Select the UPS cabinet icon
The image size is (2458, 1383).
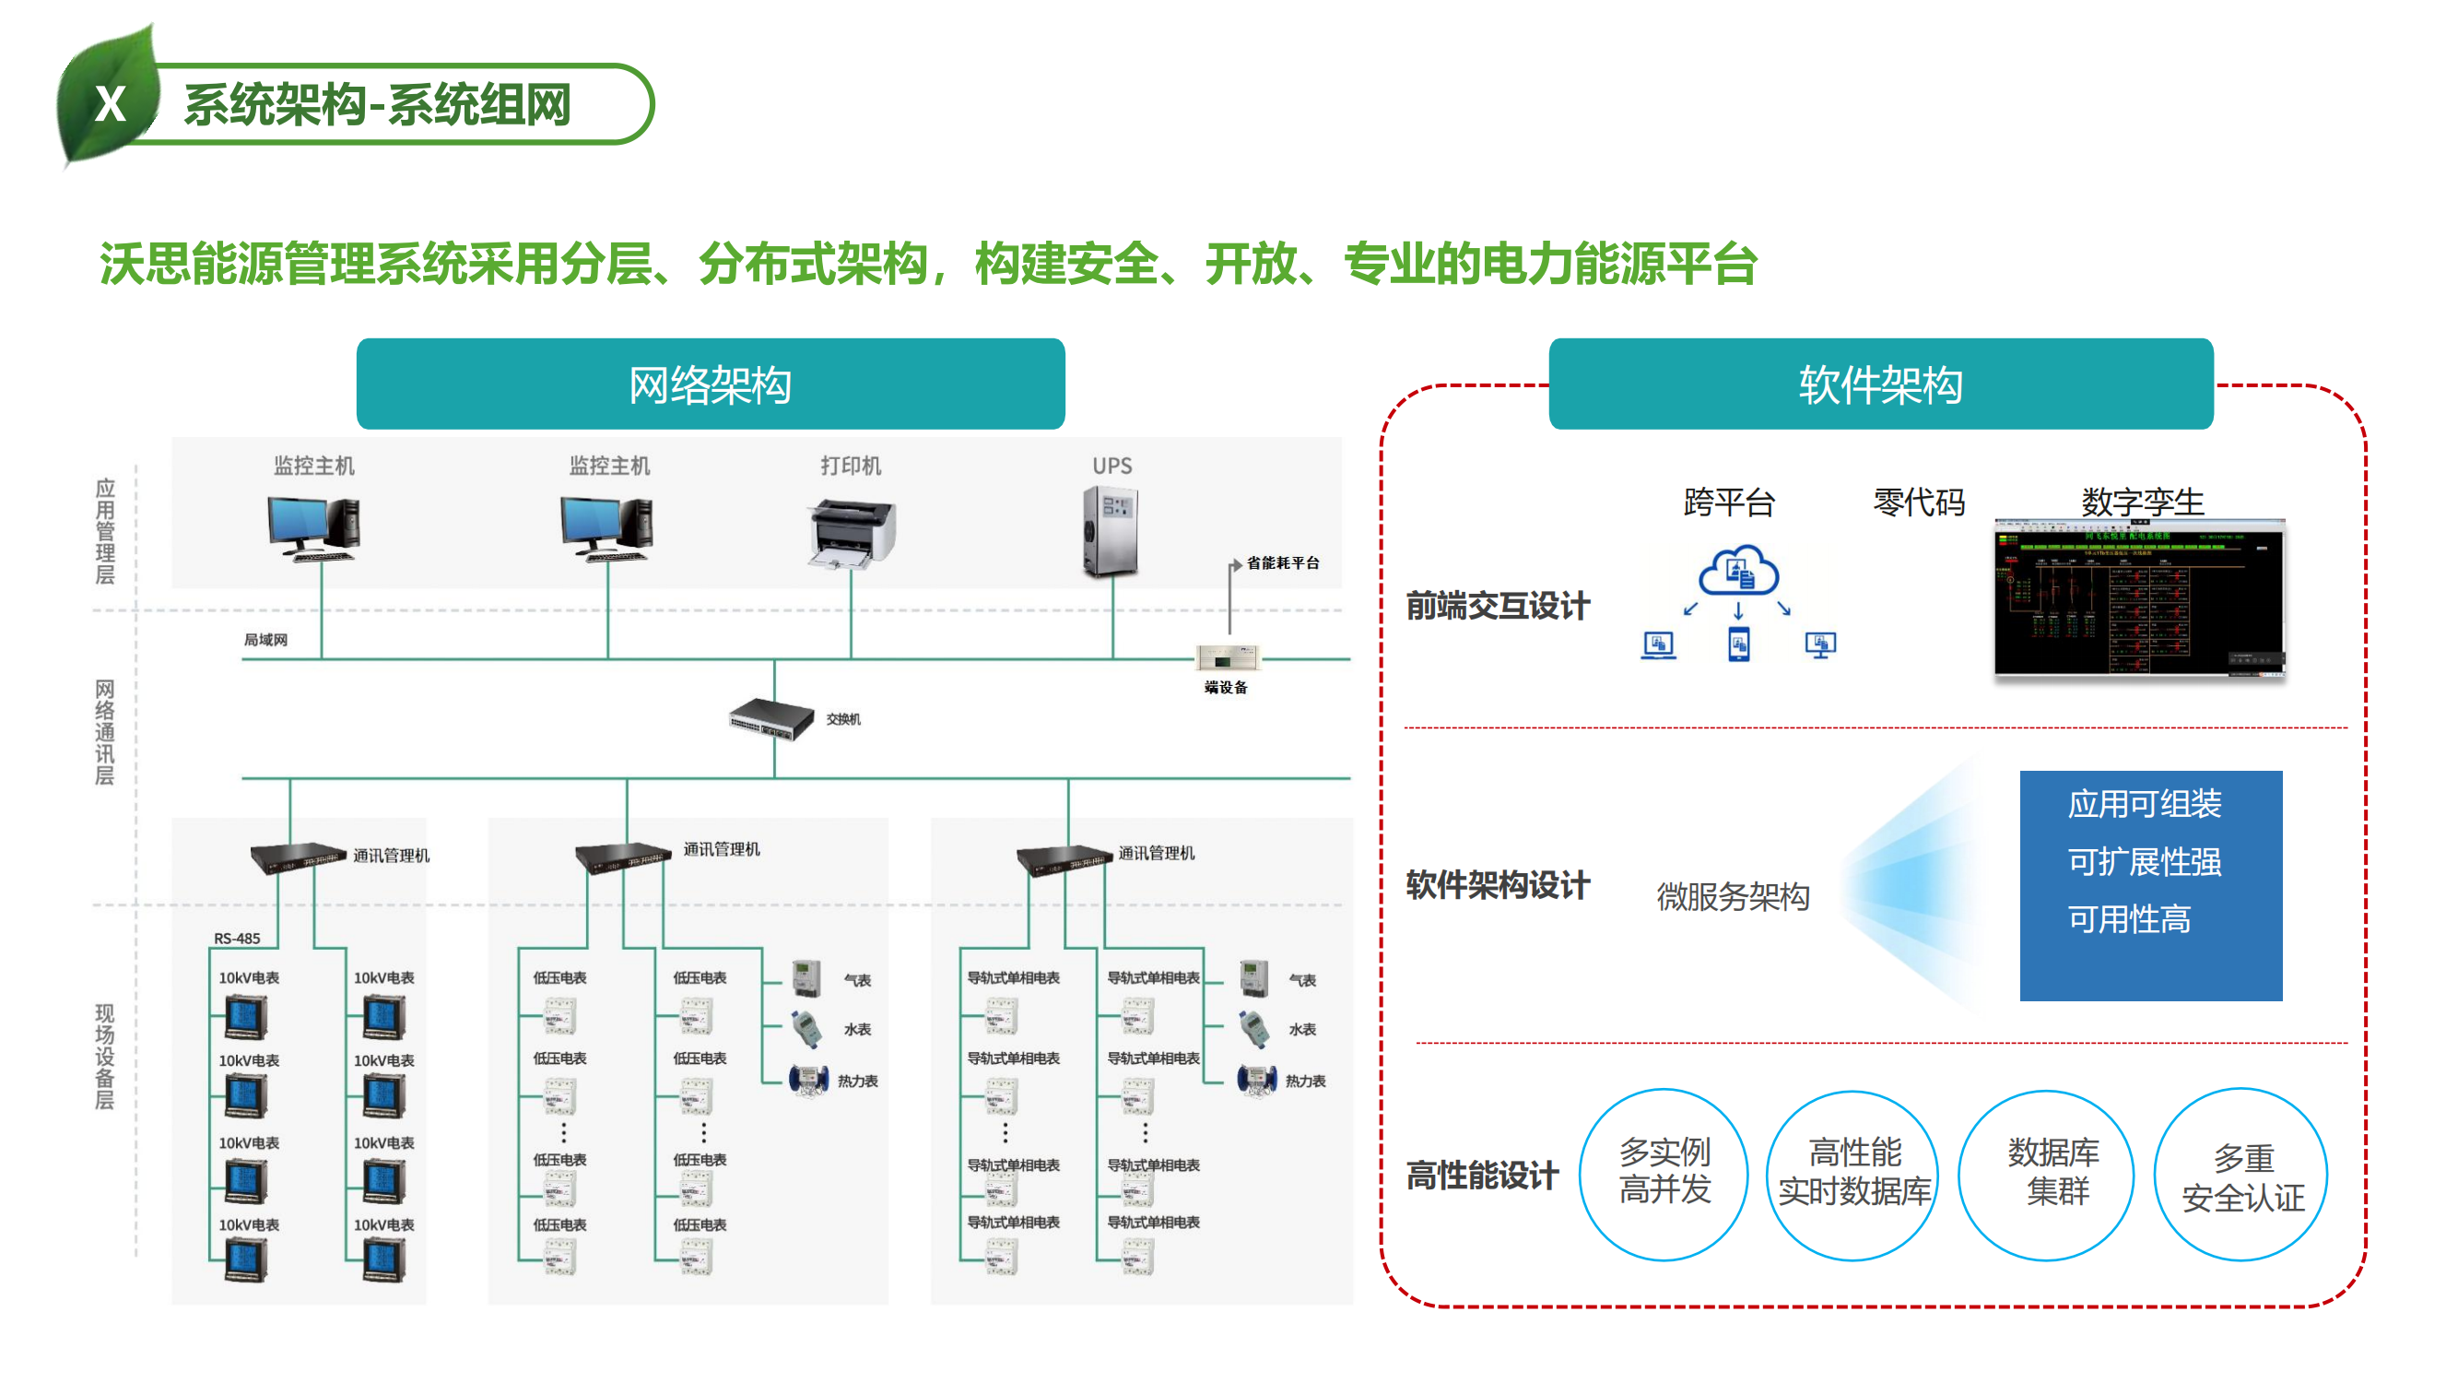click(1111, 532)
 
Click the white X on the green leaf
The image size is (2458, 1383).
click(111, 103)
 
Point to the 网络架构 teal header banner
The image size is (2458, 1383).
click(710, 384)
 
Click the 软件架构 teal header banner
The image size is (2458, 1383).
click(1880, 384)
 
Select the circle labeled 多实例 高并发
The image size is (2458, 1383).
click(1664, 1173)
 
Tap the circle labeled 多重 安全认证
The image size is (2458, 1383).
click(2241, 1175)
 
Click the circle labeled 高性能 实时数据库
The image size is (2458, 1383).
click(1853, 1174)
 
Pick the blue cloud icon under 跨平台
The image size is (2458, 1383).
click(1737, 571)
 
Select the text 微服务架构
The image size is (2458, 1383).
click(1732, 896)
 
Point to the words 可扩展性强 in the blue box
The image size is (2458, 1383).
click(2144, 861)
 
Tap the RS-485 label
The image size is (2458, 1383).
click(237, 939)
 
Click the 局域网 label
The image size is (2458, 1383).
click(265, 640)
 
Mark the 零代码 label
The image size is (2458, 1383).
click(1918, 502)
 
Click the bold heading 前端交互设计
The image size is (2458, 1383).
click(1497, 606)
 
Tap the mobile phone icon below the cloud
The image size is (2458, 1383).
click(1738, 644)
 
